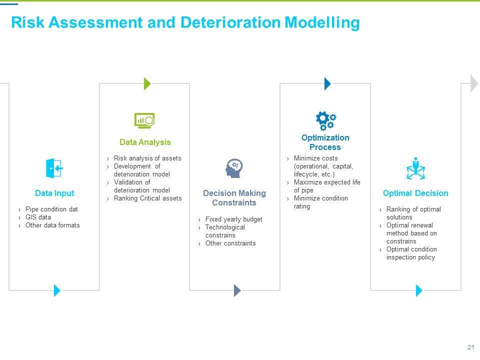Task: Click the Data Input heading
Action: tap(54, 193)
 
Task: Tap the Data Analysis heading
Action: tap(145, 142)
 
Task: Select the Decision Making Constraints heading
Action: tap(234, 198)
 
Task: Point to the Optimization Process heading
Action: tap(325, 142)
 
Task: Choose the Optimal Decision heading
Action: tap(415, 193)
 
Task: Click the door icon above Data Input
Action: tap(54, 168)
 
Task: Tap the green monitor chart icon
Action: tap(144, 120)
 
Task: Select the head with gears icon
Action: tap(234, 168)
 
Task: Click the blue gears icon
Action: tap(325, 120)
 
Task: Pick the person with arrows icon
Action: tap(415, 168)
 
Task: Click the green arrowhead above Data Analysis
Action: tap(147, 83)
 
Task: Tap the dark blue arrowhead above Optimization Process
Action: tap(327, 83)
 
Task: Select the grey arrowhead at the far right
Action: tap(474, 83)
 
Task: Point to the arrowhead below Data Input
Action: tap(57, 290)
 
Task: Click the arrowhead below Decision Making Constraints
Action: tap(237, 290)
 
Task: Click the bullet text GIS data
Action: tap(38, 217)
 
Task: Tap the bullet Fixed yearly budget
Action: tap(233, 219)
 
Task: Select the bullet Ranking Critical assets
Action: tap(147, 198)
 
